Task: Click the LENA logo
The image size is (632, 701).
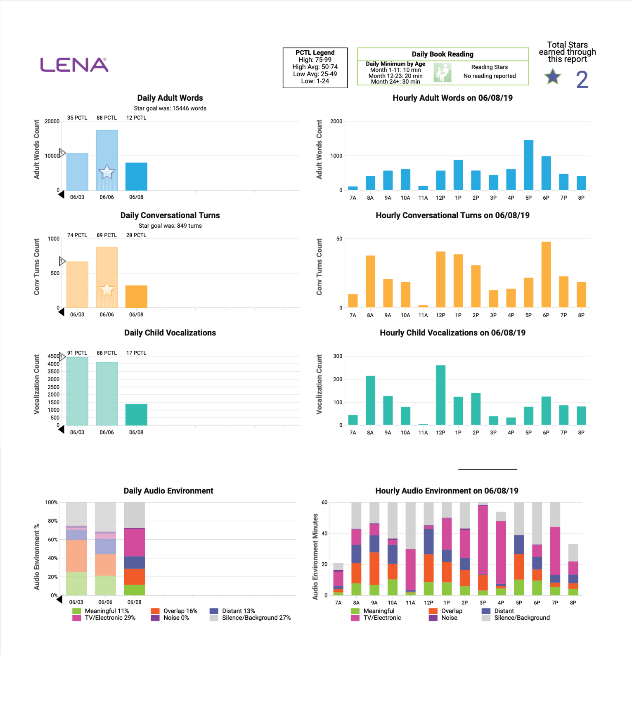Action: point(74,65)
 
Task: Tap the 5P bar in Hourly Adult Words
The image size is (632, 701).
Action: point(528,165)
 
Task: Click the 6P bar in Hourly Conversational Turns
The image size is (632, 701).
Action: point(546,274)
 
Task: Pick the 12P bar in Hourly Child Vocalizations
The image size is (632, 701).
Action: point(440,395)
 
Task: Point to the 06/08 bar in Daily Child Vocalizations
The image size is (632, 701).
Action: point(136,414)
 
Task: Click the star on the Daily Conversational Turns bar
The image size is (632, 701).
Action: point(107,290)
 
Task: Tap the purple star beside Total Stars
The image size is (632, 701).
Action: point(552,77)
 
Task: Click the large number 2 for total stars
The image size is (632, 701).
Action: point(582,80)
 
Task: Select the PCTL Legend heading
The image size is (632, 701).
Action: point(315,53)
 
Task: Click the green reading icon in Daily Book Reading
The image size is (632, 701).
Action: point(443,73)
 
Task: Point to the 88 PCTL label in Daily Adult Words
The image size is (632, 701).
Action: point(107,118)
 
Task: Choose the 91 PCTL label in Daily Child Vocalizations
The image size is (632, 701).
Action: point(77,353)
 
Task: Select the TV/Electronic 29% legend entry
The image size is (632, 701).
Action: point(105,618)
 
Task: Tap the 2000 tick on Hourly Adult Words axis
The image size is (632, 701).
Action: point(336,121)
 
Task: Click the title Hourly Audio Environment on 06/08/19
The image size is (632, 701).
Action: point(447,491)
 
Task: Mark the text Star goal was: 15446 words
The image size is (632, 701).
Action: point(170,109)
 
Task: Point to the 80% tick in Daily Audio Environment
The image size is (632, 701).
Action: point(52,521)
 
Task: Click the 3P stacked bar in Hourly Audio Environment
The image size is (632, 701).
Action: point(483,549)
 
